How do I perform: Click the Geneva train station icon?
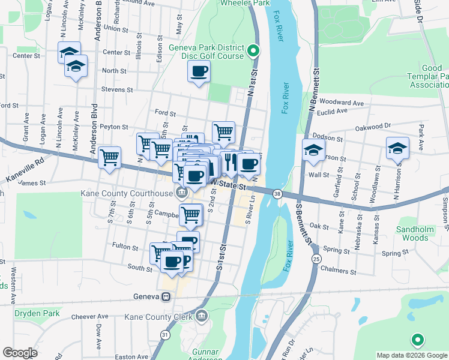coord(164,296)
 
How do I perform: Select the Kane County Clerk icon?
coord(202,316)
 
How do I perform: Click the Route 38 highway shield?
coord(277,194)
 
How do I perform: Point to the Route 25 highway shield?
coord(316,259)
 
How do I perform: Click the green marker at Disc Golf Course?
coord(253,51)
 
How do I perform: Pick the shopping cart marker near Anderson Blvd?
coord(109,157)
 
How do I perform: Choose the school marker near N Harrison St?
coord(397,148)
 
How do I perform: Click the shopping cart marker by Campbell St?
coord(190,214)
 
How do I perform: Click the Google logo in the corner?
coord(20,353)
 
